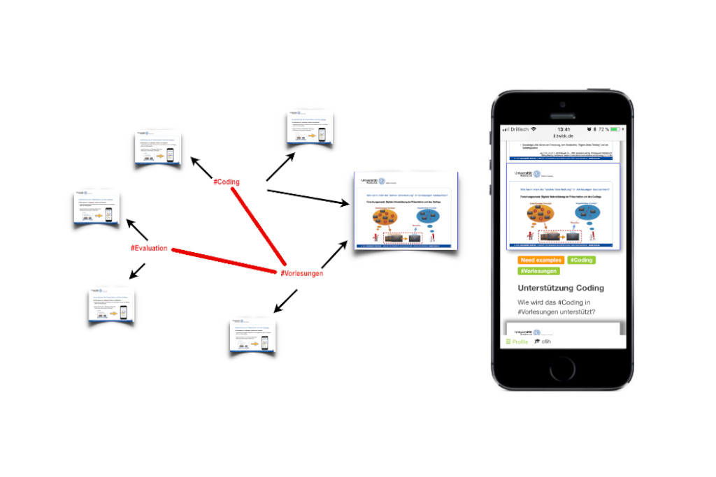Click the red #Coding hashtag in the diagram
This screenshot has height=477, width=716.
[226, 182]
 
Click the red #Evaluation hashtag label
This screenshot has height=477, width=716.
[148, 248]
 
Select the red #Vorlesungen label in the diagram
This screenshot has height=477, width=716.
[301, 273]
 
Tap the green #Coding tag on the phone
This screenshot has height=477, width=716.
[582, 260]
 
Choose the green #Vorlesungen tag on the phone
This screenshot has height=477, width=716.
[538, 271]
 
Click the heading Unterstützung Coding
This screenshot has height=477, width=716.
[561, 288]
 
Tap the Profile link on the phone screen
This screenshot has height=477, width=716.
[517, 342]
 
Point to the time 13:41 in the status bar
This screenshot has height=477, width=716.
[563, 129]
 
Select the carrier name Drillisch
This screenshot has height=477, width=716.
[518, 129]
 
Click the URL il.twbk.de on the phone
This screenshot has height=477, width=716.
[563, 135]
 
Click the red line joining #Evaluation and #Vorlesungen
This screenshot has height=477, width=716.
[224, 260]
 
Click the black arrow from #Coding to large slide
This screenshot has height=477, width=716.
[308, 196]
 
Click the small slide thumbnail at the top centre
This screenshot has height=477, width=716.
[310, 127]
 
